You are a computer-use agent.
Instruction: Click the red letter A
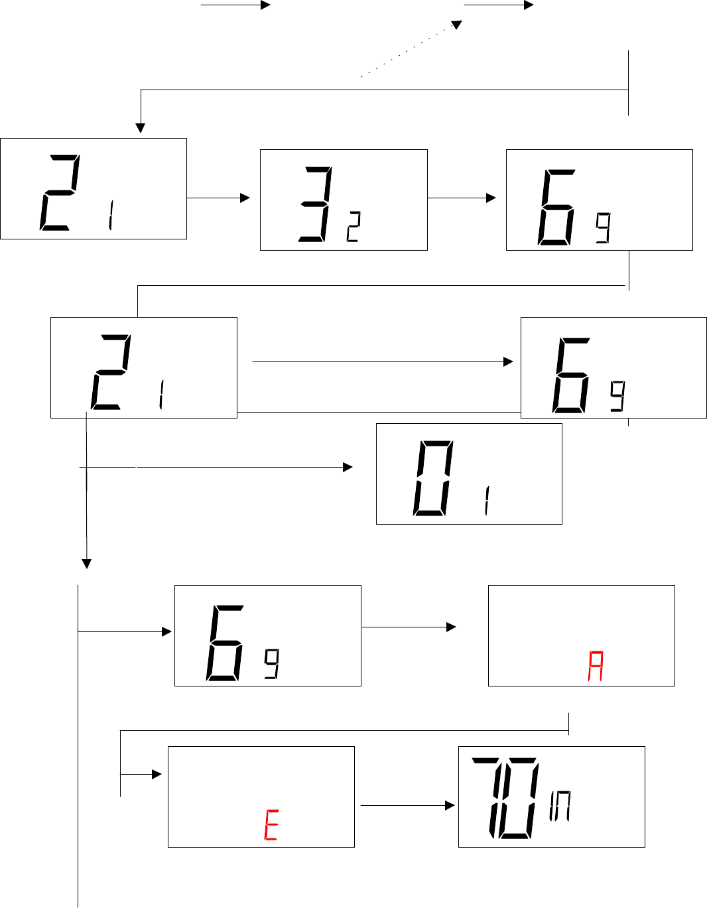tap(596, 667)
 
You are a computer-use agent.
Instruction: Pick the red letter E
tap(271, 826)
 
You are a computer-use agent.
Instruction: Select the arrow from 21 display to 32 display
tap(218, 198)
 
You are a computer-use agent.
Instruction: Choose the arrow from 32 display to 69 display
tap(462, 198)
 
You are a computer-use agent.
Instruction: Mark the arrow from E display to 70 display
tap(407, 805)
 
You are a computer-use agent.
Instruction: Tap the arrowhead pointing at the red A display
tap(452, 627)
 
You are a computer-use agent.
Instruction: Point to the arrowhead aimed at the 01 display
tap(348, 468)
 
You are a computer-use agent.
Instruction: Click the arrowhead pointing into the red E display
tap(157, 774)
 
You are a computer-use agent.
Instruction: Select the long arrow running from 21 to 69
tap(383, 361)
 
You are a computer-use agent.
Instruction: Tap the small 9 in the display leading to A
tap(271, 664)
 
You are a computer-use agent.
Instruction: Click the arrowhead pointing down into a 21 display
tap(140, 128)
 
